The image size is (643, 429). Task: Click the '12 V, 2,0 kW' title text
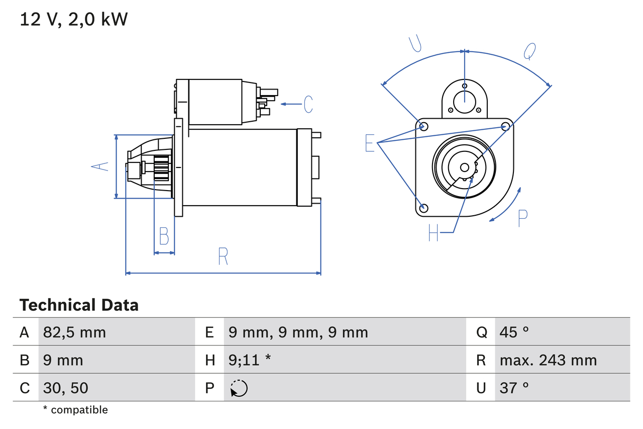74,20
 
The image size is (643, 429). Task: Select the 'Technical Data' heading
79,305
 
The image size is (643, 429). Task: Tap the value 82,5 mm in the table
74,332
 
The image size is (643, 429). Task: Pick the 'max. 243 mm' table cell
548,360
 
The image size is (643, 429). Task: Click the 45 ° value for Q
514,332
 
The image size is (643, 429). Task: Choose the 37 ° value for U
514,388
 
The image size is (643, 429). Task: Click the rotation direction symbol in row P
239,388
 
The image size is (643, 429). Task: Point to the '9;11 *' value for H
250,360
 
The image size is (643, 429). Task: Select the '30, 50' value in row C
66,388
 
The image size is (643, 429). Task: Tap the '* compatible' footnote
75,410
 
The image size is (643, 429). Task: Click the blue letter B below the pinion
164,236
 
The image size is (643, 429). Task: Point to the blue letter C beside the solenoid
308,104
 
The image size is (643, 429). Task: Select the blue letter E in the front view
370,143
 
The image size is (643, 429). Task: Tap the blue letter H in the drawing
434,233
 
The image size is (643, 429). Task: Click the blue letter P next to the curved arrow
522,218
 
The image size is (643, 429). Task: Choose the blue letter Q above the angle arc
530,51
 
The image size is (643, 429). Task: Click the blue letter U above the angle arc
415,44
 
